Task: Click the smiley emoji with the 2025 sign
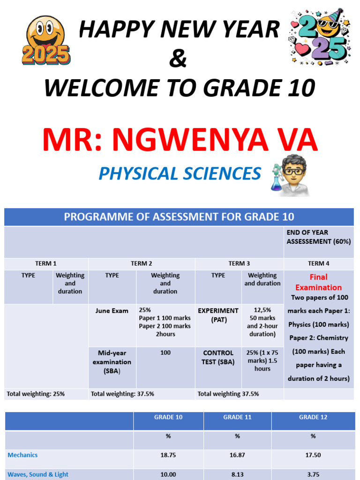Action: click(x=46, y=40)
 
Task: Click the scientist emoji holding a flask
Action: click(x=290, y=175)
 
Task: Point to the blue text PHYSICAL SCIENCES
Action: click(x=180, y=173)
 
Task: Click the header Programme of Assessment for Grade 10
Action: click(x=179, y=217)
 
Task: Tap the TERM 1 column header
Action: click(x=45, y=263)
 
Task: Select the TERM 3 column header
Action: click(x=239, y=263)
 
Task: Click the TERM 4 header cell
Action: click(x=319, y=263)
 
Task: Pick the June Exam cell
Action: click(x=112, y=311)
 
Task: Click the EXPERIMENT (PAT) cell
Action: click(x=218, y=315)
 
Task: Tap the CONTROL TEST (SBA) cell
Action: click(x=218, y=357)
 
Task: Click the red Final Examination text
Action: click(x=318, y=282)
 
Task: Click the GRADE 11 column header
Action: click(x=237, y=417)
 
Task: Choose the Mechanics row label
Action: click(x=22, y=455)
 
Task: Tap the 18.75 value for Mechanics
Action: click(x=168, y=455)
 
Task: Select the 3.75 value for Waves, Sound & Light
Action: click(x=313, y=474)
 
